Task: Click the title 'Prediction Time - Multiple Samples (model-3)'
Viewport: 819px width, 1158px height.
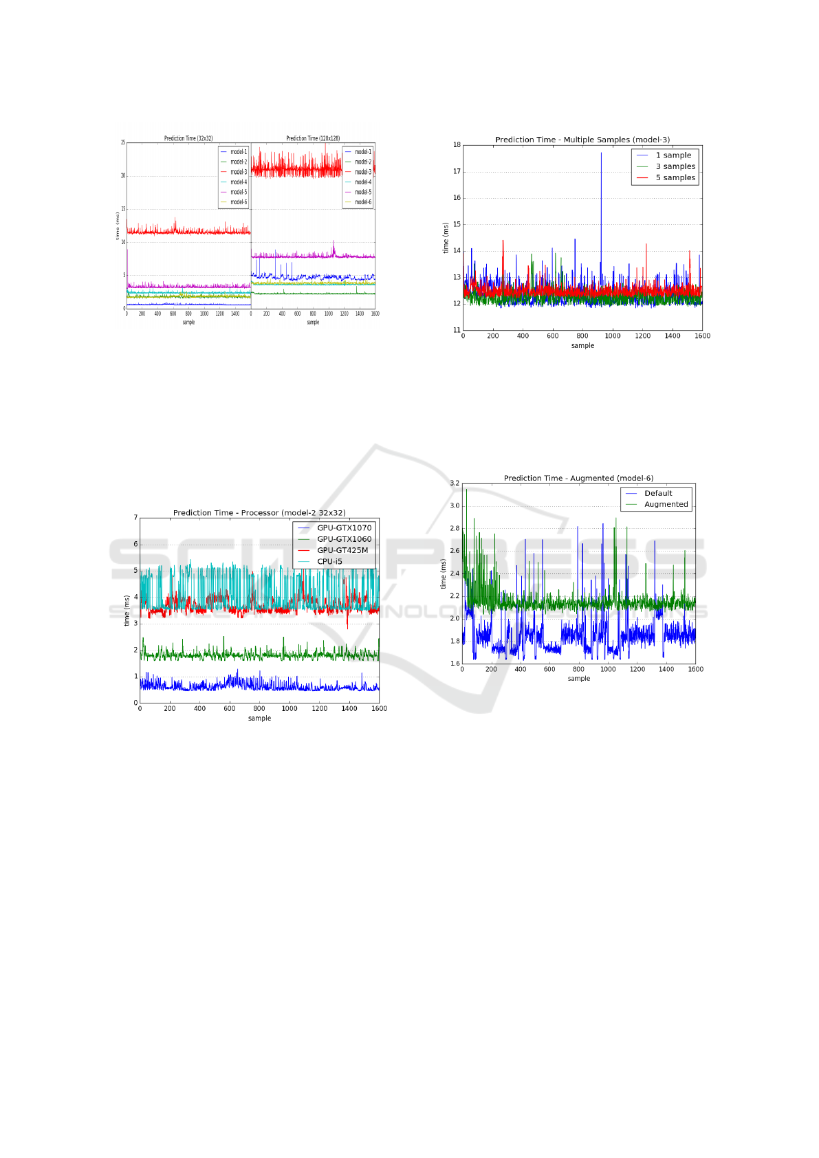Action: [x=582, y=140]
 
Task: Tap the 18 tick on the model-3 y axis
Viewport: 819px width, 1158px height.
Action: [x=457, y=145]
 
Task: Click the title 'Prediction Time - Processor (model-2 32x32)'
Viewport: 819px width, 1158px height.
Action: [x=259, y=513]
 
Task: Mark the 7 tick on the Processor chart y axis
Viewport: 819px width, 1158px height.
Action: [x=135, y=518]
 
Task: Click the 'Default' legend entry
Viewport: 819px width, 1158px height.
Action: [x=657, y=493]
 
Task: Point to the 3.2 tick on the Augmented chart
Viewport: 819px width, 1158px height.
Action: [x=455, y=483]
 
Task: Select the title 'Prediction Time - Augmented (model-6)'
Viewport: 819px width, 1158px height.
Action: [x=578, y=478]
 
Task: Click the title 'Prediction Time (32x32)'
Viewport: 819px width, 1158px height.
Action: [x=188, y=138]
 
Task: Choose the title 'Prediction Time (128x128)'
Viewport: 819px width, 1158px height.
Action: [x=313, y=138]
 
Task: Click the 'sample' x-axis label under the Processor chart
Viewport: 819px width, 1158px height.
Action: [x=259, y=718]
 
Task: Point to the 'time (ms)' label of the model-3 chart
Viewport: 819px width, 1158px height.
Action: [x=446, y=238]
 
